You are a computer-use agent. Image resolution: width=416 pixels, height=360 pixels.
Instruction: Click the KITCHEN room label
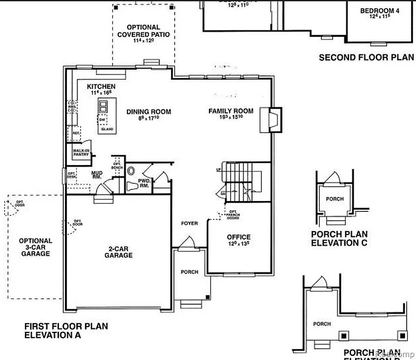tap(101, 87)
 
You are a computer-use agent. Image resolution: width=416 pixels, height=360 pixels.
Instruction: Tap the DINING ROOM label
tap(149, 112)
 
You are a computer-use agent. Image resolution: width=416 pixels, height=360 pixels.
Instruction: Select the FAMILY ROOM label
tap(230, 111)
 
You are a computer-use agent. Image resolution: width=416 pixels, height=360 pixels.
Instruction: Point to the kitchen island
tap(106, 116)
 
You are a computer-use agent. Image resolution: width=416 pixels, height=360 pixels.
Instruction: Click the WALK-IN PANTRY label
tap(81, 152)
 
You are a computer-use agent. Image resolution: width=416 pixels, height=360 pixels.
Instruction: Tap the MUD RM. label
tap(97, 175)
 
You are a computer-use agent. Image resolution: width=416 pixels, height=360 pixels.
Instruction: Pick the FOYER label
tap(189, 224)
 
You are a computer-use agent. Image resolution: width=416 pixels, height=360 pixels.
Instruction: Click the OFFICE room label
tap(238, 237)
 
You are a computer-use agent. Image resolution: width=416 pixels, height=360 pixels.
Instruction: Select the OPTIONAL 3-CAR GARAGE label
tap(35, 247)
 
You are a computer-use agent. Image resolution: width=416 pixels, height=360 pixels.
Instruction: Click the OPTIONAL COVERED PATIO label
tap(143, 31)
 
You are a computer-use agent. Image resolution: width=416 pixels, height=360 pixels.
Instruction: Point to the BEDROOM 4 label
tap(379, 11)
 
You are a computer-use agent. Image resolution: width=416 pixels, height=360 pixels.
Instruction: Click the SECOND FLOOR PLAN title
tap(366, 58)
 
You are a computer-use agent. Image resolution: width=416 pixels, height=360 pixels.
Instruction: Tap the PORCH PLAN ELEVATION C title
tap(339, 239)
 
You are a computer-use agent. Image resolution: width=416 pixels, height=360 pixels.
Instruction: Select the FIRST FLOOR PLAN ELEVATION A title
tap(66, 330)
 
